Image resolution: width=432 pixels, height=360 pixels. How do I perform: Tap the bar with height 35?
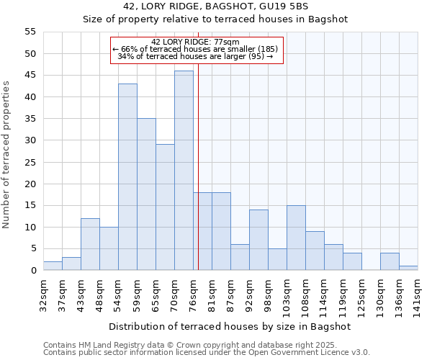pos(146,194)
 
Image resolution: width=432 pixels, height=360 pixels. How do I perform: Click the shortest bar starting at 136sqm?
pos(408,268)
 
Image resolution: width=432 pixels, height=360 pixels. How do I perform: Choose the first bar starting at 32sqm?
pos(53,266)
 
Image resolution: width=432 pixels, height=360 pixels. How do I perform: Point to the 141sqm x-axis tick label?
pos(418,295)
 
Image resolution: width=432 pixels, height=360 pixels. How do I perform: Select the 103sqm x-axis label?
pos(287,295)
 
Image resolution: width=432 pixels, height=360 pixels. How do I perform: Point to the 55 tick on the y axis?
pos(30,32)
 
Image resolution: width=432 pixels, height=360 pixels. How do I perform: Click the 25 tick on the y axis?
pos(30,162)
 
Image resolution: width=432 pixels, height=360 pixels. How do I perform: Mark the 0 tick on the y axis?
pos(32,271)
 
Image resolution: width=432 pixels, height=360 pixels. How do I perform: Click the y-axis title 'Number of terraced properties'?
pos(7,155)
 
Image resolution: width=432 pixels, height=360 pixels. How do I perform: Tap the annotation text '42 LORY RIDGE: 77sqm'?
pos(196,42)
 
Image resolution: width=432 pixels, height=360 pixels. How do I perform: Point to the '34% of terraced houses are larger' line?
pos(196,56)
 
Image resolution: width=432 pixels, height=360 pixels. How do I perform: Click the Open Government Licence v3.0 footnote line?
pos(207,352)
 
